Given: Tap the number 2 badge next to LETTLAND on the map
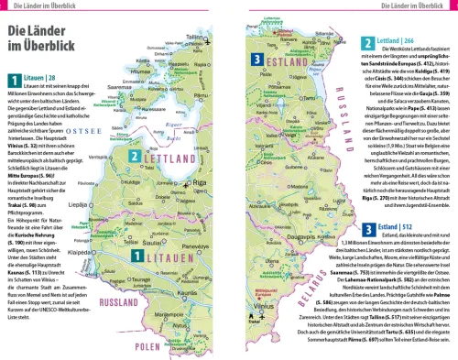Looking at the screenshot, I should [x=135, y=181].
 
